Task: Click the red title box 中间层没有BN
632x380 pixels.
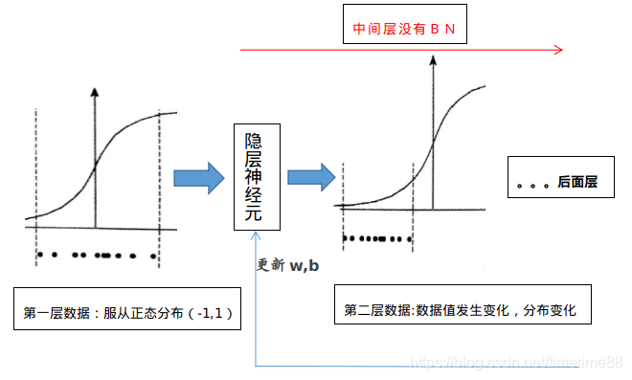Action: (403, 32)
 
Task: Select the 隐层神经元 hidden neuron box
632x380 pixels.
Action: (258, 177)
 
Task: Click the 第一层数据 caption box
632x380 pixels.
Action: (130, 312)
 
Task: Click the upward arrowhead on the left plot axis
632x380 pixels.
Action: (94, 91)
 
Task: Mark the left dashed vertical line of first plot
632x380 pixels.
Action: (36, 182)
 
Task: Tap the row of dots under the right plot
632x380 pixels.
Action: (376, 238)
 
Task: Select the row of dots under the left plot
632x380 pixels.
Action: (96, 256)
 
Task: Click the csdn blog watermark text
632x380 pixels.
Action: (517, 363)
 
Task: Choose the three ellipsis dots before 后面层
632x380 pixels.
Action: (532, 185)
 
